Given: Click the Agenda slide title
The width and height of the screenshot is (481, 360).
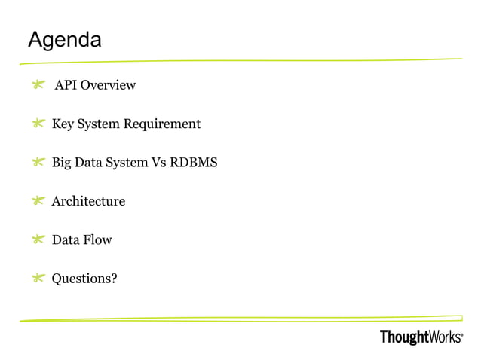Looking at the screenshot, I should click(x=64, y=39).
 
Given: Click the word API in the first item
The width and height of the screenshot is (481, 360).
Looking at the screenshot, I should click(x=66, y=85).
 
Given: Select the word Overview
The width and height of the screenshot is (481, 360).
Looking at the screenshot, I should click(x=109, y=85).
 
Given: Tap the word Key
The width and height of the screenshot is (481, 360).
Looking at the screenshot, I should click(x=63, y=124).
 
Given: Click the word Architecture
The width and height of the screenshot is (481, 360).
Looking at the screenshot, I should click(x=88, y=201).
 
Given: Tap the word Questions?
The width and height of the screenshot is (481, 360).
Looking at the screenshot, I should click(x=84, y=279).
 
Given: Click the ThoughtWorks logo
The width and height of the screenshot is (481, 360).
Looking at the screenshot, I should click(x=421, y=337).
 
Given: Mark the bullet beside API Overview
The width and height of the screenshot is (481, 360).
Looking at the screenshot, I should click(x=38, y=86).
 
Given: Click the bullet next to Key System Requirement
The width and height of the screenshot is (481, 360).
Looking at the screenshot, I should click(x=38, y=124).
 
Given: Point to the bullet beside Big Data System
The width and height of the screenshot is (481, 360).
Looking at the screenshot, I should click(x=38, y=163).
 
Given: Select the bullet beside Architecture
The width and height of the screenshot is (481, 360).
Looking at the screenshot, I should click(x=38, y=201).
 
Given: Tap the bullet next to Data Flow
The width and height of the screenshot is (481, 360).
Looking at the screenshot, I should click(x=38, y=240).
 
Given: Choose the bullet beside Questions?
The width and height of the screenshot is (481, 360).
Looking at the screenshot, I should click(x=38, y=279).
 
